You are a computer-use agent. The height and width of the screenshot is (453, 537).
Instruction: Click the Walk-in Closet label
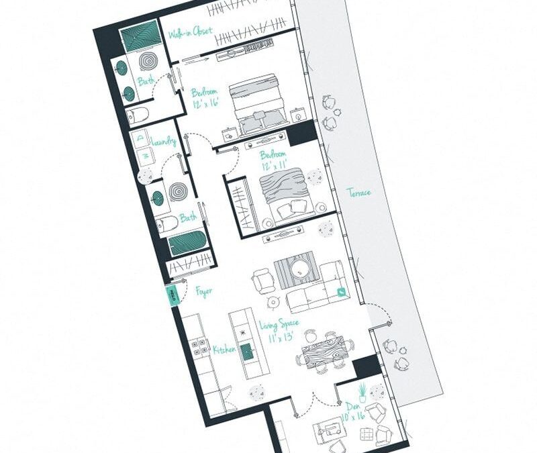[x=191, y=32]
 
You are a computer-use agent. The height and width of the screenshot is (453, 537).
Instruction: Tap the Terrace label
[x=358, y=193]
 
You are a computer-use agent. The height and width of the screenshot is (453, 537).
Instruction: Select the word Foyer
[x=205, y=291]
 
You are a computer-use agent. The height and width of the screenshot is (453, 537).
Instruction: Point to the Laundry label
[x=164, y=142]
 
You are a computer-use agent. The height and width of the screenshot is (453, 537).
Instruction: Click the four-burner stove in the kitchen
[x=199, y=346]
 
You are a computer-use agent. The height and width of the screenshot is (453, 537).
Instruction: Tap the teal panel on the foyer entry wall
[x=172, y=294]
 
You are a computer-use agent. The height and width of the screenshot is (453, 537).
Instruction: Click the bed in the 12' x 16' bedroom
[x=258, y=104]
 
